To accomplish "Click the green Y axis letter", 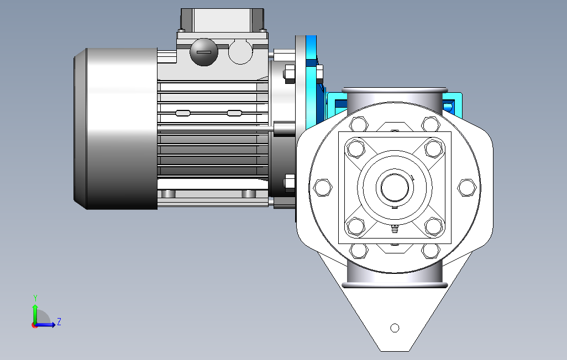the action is [35, 298].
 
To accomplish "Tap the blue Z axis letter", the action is [59, 322].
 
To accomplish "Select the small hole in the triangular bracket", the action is [395, 328].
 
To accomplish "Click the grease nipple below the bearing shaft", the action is [395, 229].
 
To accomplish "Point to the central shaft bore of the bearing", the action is [395, 188].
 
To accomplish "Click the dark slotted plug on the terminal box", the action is [204, 52].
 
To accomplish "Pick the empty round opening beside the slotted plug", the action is [240, 52].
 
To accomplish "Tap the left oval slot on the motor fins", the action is [183, 113].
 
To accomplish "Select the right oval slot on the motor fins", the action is [234, 113].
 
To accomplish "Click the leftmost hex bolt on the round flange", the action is [323, 188].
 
